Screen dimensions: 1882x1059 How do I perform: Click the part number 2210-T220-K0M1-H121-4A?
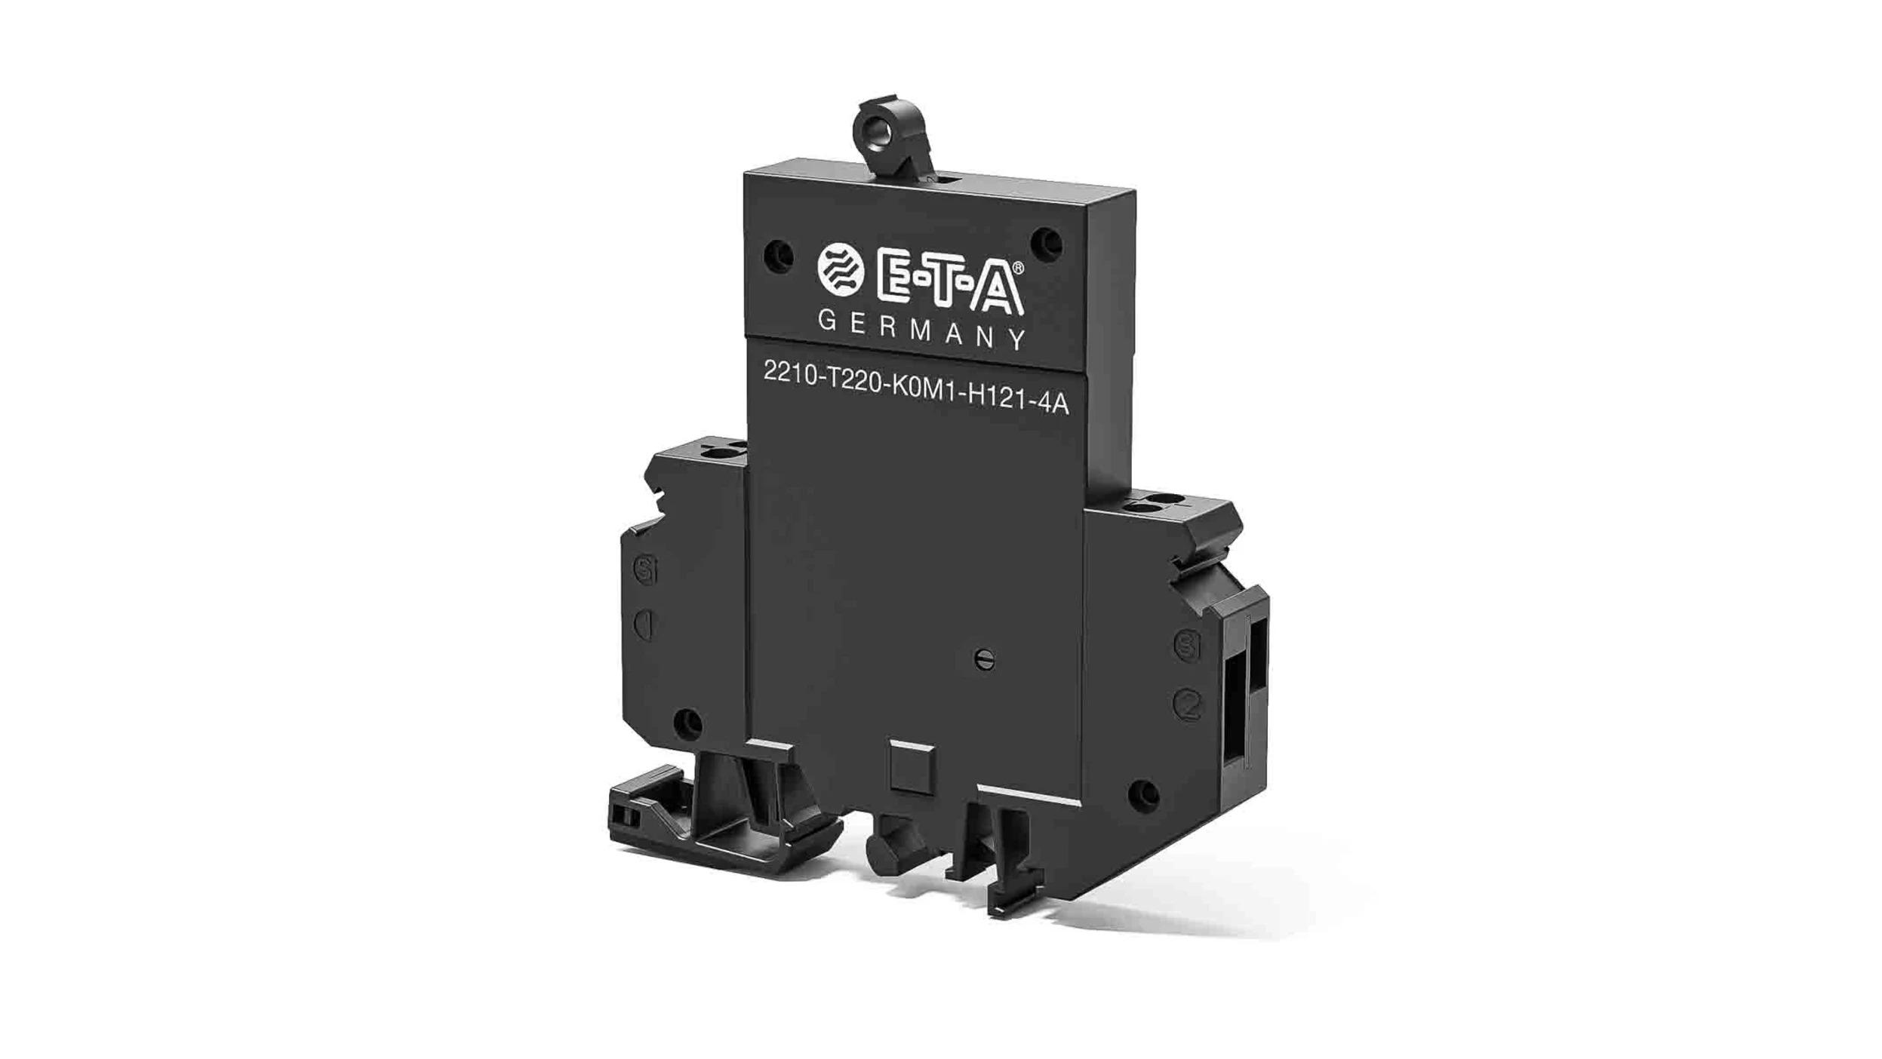click(x=915, y=388)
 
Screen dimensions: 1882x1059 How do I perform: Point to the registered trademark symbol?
click(x=1017, y=268)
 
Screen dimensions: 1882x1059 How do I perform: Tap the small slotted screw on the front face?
click(x=984, y=659)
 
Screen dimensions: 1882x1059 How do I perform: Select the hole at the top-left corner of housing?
click(x=778, y=256)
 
